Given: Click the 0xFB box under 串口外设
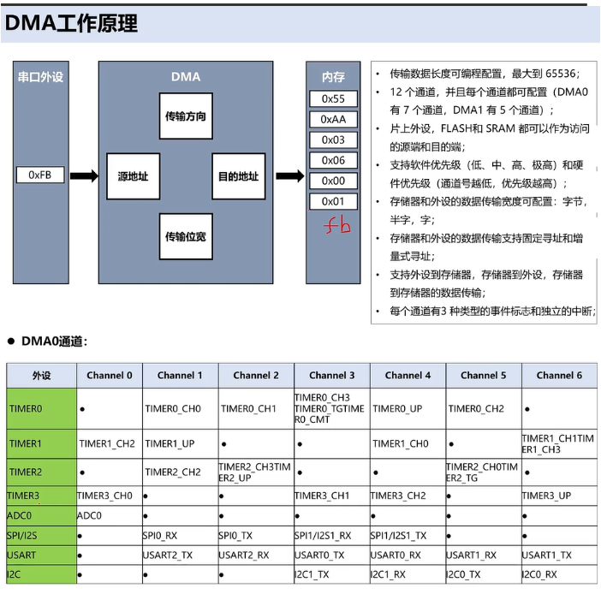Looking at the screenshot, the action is [40, 175].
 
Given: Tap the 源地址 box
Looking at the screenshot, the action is [133, 176].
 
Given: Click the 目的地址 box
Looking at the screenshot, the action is [238, 176].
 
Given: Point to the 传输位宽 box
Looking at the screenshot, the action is [185, 237].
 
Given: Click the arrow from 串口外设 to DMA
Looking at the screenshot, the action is [84, 175].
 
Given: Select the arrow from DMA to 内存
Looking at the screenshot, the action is [289, 175].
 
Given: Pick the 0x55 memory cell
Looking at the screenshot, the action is [333, 98].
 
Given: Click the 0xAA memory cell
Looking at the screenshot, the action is [333, 119].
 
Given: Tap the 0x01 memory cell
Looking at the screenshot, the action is [333, 202].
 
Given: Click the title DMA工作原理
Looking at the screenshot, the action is [71, 24].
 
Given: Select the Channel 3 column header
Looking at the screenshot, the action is [331, 375].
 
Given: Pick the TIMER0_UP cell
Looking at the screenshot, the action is [396, 409].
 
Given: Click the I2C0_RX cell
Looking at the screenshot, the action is [539, 574].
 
